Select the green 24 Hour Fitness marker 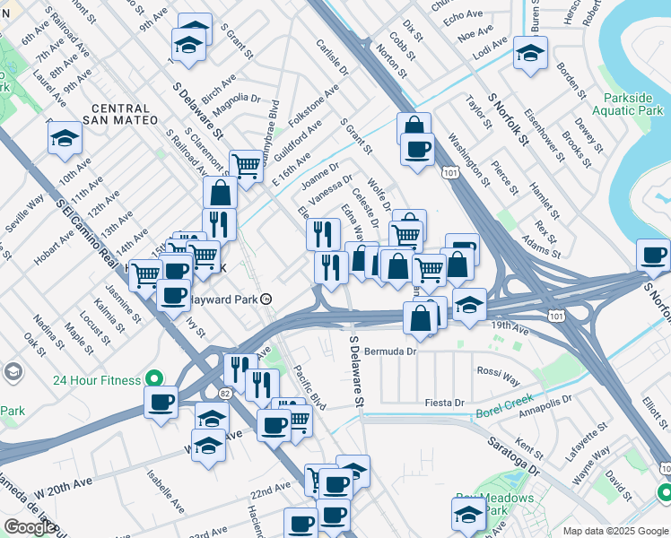click(x=154, y=377)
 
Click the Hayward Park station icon click(x=266, y=300)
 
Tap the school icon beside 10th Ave click(x=65, y=138)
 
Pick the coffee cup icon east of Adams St click(x=652, y=256)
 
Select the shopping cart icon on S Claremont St click(x=245, y=165)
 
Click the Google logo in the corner click(x=30, y=527)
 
